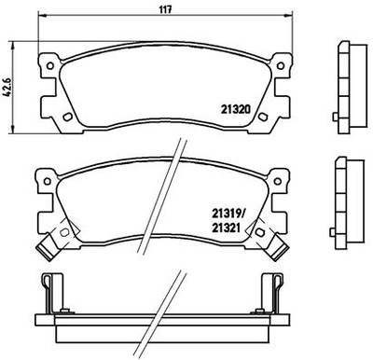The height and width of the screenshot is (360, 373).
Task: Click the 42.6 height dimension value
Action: coord(8,90)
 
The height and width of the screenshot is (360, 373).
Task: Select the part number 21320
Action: coord(236,107)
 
